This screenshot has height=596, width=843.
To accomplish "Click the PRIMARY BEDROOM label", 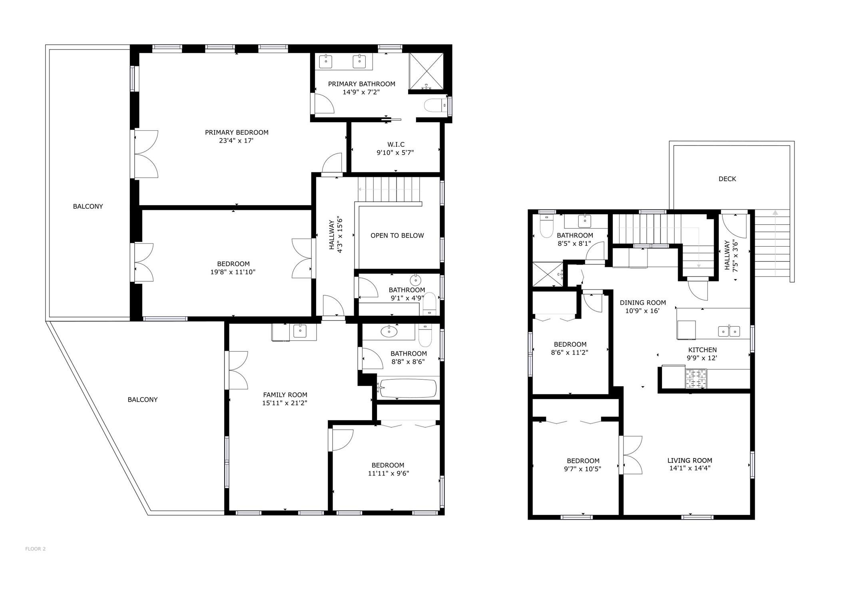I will (236, 132).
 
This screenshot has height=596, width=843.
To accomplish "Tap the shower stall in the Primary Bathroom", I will (426, 71).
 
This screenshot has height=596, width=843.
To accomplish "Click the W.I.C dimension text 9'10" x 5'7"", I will (395, 152).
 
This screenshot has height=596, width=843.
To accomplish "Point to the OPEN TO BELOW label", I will (397, 235).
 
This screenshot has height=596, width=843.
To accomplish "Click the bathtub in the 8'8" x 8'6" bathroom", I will (408, 388).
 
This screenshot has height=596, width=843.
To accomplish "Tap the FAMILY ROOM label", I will (285, 395).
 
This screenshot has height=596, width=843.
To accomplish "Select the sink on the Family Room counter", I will (300, 331).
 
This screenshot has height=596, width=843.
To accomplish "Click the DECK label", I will (727, 179).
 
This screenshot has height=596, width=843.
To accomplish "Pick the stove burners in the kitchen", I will (696, 379).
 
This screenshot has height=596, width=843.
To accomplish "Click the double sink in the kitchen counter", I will (729, 331).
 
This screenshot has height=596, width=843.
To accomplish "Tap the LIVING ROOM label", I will (690, 460).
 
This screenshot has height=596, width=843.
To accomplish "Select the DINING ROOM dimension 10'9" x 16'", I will (642, 311).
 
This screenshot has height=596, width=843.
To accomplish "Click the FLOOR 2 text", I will (35, 549).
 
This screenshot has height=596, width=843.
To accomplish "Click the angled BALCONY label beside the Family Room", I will (142, 399).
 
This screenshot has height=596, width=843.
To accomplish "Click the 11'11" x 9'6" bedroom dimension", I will (388, 473).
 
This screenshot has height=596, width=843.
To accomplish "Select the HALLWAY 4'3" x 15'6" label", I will (335, 235).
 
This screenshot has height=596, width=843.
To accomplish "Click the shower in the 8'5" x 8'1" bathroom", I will (547, 274).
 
